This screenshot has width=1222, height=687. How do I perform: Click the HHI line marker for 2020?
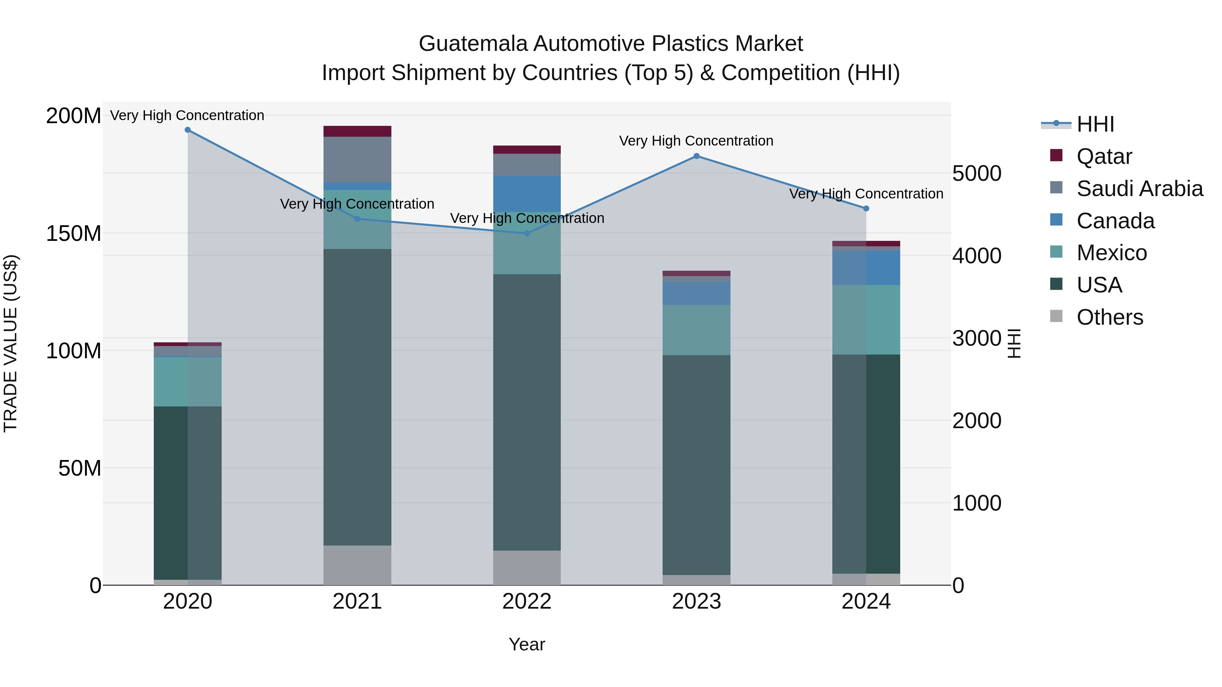(187, 130)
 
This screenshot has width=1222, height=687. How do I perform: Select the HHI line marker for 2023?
(697, 156)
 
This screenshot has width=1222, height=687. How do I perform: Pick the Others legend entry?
(1110, 317)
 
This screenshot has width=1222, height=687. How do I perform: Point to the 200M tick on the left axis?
(74, 116)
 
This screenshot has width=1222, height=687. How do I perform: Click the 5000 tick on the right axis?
(977, 173)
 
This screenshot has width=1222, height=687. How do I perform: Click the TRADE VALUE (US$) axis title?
(11, 343)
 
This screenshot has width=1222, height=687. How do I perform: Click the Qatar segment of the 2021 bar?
(357, 131)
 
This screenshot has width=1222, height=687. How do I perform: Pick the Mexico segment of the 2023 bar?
(697, 330)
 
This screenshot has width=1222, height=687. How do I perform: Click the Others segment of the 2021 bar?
(357, 565)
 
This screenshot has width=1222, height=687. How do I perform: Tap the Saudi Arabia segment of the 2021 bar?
(357, 159)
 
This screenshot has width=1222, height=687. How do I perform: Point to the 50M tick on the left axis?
(80, 469)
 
